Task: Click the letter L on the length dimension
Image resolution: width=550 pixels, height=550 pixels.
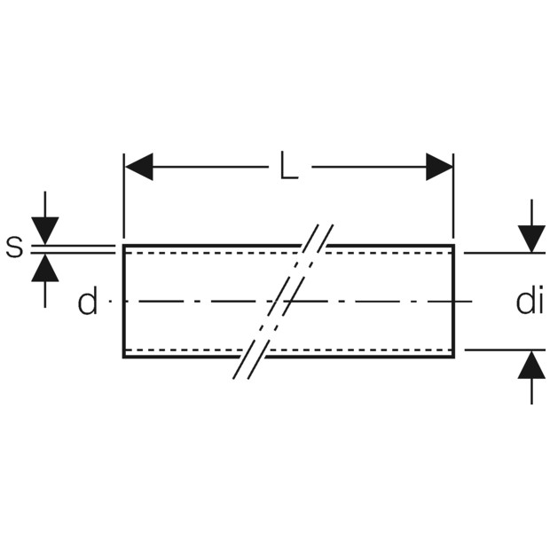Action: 288,167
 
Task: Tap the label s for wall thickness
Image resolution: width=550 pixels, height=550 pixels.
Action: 14,248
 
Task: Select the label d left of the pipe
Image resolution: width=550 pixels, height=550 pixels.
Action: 87,303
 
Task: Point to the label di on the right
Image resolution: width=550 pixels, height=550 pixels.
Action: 529,302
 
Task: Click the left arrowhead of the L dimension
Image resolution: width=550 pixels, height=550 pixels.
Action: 139,167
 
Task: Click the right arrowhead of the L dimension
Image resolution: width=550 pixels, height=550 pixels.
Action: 439,167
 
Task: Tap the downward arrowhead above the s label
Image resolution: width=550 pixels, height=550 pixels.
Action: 45,230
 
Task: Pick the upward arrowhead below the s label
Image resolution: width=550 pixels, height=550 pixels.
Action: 45,269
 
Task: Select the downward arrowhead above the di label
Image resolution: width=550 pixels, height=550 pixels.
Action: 531,239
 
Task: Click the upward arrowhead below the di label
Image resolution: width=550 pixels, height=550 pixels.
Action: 531,365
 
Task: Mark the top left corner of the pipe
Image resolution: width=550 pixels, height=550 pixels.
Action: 124,246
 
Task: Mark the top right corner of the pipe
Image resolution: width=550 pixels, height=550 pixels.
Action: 453,246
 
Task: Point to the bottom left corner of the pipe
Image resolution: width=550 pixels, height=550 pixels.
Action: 124,357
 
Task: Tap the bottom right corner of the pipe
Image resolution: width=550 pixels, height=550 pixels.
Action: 453,357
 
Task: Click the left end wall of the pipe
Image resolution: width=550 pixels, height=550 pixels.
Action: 124,302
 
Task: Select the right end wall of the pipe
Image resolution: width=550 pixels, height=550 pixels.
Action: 453,302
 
